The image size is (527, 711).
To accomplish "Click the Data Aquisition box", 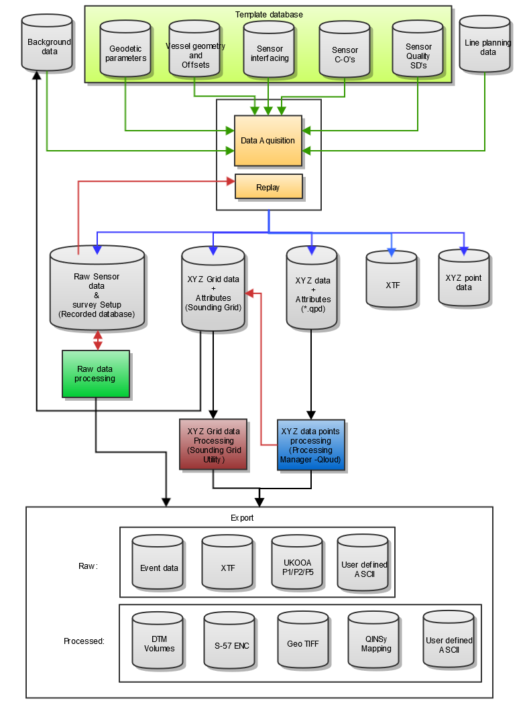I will click(268, 141).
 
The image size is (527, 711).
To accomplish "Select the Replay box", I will click(268, 187).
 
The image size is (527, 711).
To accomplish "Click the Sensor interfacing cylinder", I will click(269, 52).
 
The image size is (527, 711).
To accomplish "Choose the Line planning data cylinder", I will click(486, 46).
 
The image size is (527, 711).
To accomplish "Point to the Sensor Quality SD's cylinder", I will click(418, 52).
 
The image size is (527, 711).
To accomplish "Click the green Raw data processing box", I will click(95, 374).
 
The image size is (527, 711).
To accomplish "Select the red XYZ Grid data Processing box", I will click(213, 444).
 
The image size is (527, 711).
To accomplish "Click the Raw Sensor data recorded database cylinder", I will click(97, 289).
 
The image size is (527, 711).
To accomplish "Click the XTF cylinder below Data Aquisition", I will click(392, 281).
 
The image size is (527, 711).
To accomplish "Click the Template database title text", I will click(269, 14).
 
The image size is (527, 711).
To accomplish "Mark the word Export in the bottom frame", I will click(242, 518).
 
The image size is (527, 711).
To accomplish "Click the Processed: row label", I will click(84, 641).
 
